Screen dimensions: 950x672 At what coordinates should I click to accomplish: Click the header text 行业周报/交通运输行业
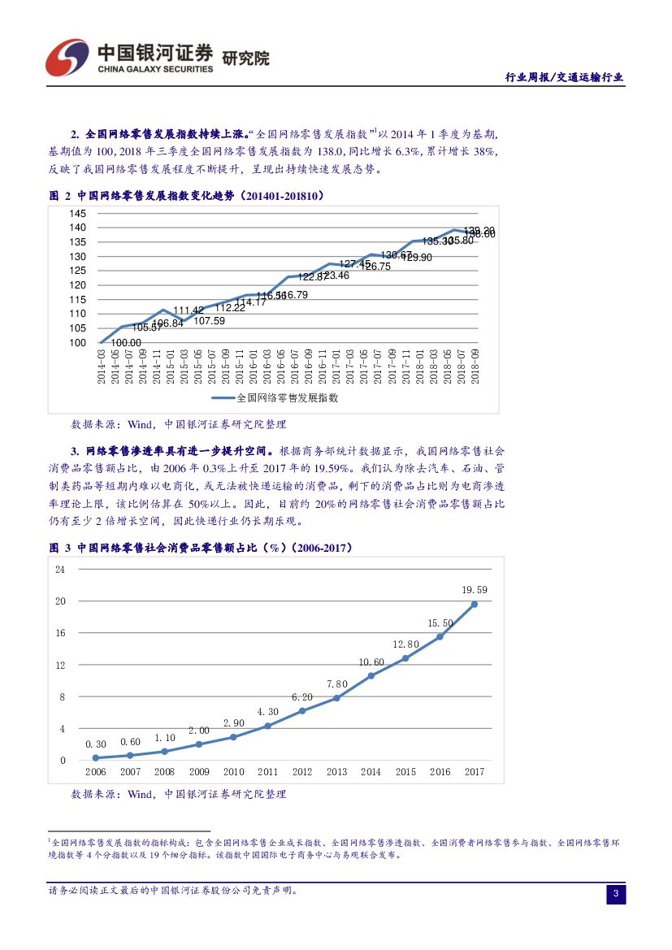(x=564, y=78)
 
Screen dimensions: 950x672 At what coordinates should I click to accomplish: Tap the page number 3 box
(x=615, y=895)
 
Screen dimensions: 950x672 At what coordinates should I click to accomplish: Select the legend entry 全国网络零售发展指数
(x=275, y=398)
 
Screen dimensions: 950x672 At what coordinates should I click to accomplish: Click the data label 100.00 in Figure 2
(x=125, y=343)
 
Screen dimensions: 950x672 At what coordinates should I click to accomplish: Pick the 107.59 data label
(x=209, y=321)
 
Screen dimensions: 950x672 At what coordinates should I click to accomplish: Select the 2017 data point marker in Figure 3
(x=474, y=604)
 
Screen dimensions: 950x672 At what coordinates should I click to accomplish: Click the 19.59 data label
(x=474, y=590)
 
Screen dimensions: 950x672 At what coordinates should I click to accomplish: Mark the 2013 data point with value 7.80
(x=336, y=698)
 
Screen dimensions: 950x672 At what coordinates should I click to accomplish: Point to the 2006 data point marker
(x=96, y=757)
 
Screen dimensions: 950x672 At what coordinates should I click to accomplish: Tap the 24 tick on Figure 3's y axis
(x=60, y=569)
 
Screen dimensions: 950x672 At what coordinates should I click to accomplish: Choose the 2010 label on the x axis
(x=233, y=772)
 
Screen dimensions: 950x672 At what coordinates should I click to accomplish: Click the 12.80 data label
(x=405, y=644)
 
